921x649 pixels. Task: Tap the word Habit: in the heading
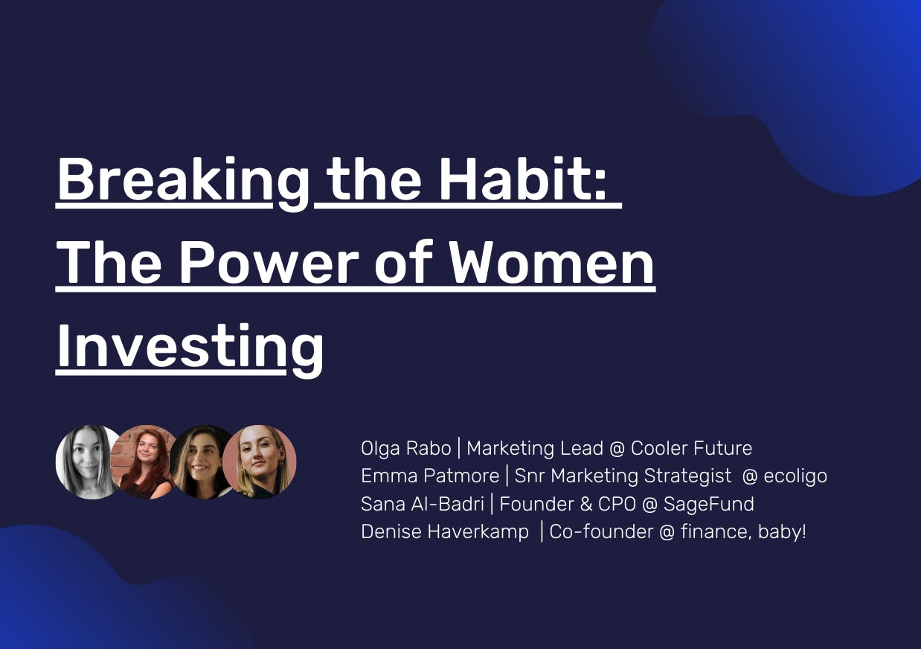(522, 179)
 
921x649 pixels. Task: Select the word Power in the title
(269, 263)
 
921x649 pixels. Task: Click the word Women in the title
(551, 263)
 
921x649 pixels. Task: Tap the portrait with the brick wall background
(144, 462)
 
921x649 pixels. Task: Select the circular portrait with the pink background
(260, 462)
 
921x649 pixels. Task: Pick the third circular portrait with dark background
(201, 462)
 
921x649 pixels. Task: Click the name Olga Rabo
(405, 448)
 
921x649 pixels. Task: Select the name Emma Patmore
(430, 476)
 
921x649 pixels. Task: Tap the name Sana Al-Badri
(423, 504)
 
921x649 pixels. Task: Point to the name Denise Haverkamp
(445, 531)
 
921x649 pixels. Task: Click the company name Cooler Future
(692, 448)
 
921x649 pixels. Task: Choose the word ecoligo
(795, 476)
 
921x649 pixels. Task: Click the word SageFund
(709, 505)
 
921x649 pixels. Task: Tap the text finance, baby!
(743, 532)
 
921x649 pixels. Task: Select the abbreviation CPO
(617, 504)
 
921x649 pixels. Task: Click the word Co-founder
(601, 531)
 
